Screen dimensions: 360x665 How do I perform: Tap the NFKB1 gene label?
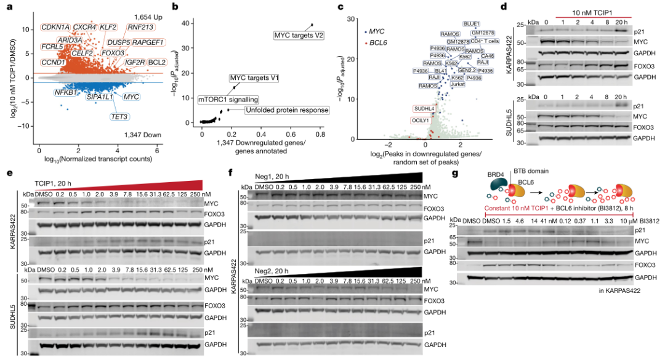[65, 92]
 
